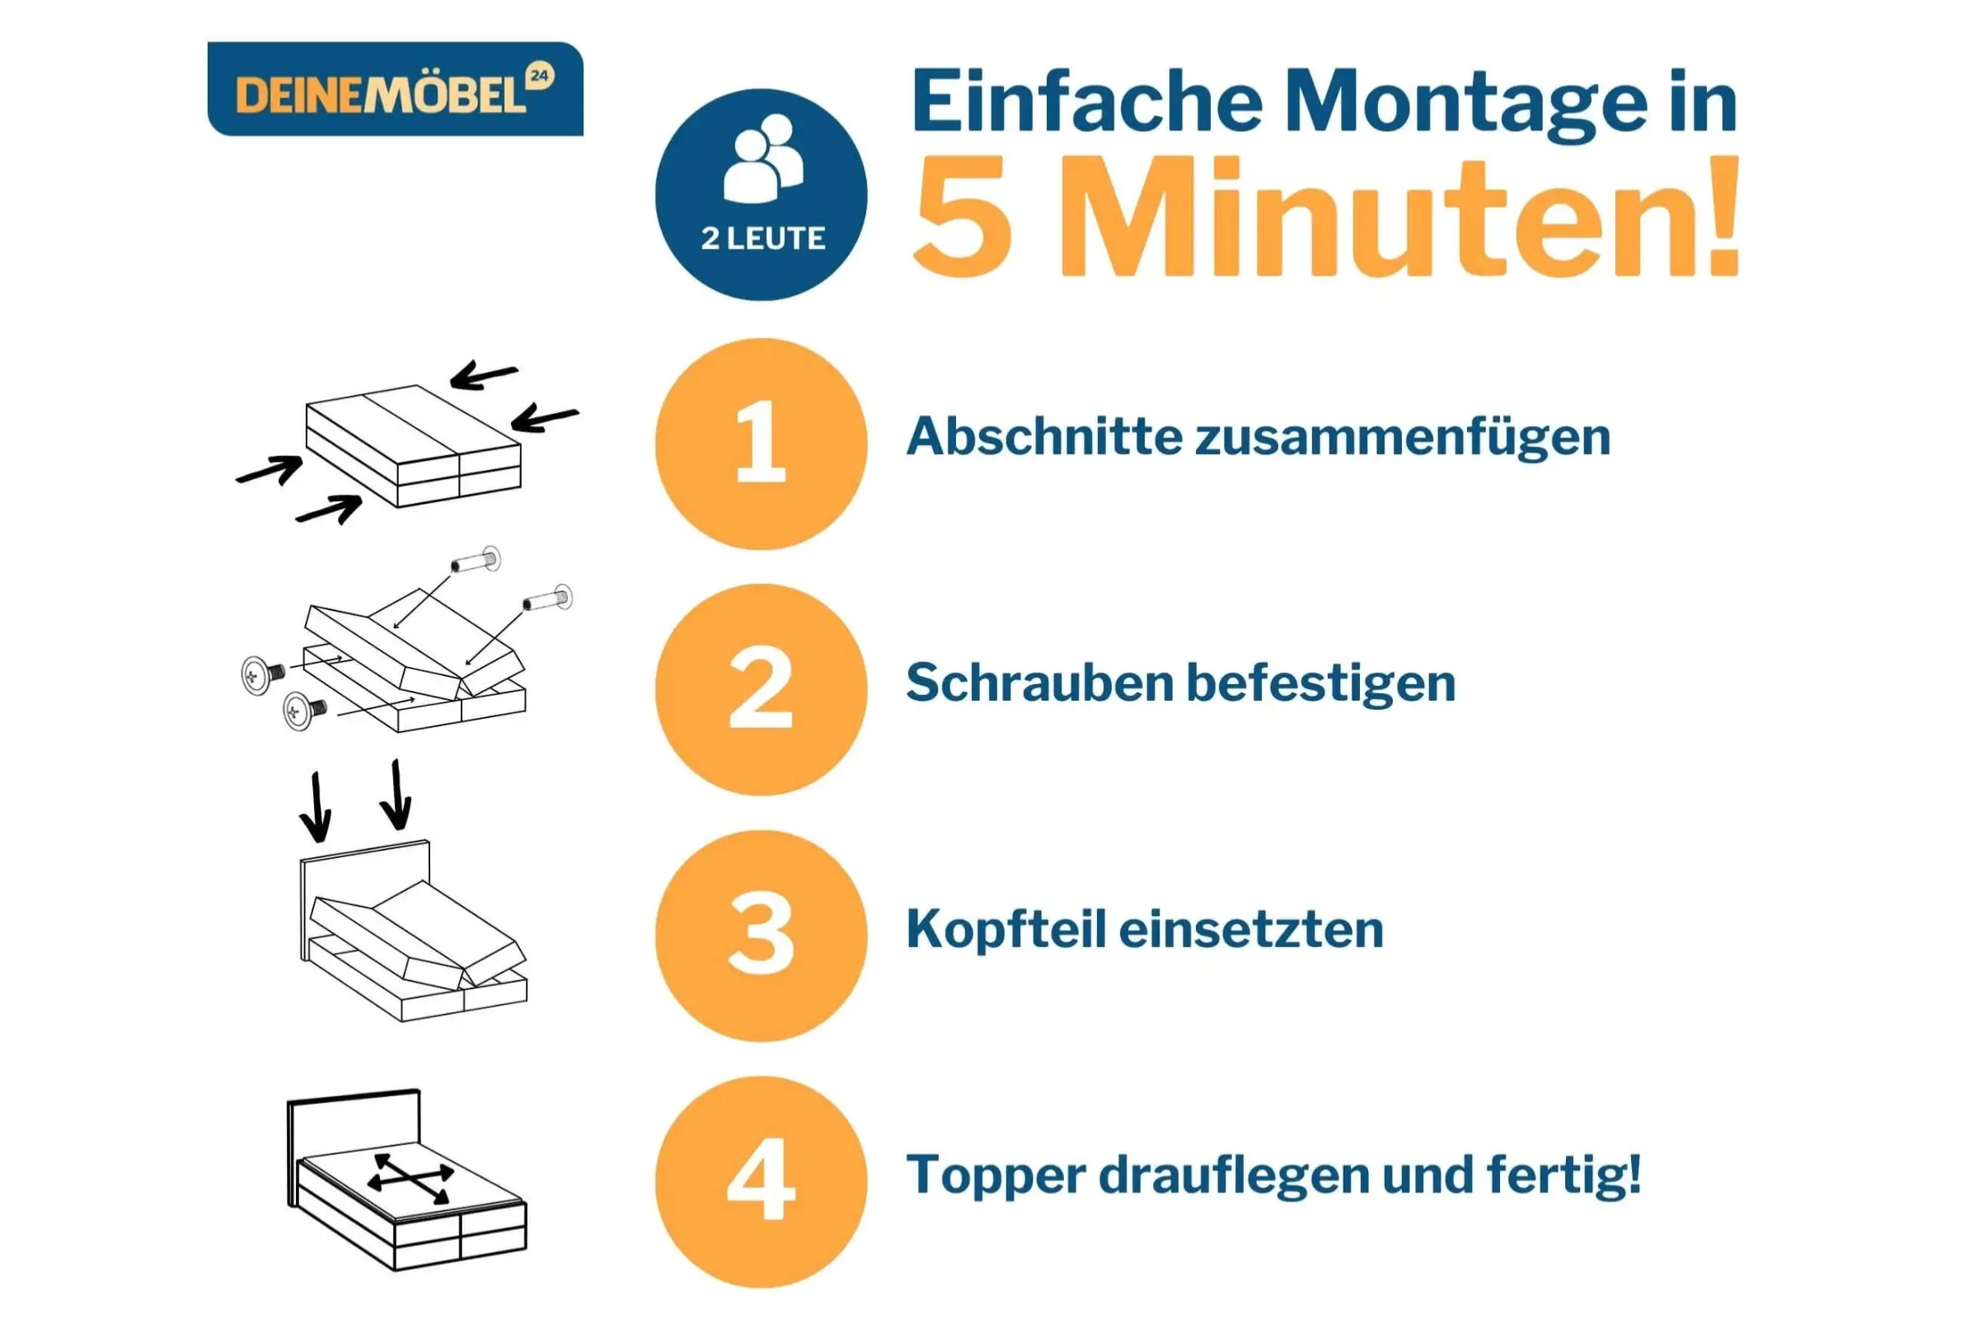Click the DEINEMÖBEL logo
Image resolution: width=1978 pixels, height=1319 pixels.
[396, 89]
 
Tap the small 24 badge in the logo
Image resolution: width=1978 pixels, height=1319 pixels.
[539, 77]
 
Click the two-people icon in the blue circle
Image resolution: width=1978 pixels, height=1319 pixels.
[763, 158]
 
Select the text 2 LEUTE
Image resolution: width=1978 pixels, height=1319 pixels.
[763, 239]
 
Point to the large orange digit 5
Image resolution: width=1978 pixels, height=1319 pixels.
[963, 216]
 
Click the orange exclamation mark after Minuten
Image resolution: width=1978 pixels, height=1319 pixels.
[1721, 214]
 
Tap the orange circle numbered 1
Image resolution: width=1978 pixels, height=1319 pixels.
[761, 444]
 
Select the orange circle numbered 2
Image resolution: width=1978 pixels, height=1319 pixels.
[761, 690]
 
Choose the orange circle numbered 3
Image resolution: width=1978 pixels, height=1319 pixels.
[761, 936]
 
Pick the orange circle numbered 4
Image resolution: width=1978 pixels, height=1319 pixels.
[761, 1182]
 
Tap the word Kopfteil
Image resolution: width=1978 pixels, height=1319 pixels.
[1005, 931]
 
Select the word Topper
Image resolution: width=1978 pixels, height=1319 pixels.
[996, 1176]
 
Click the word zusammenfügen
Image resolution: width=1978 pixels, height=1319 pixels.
[1404, 439]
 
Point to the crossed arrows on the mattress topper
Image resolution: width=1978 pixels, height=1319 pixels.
[410, 1179]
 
